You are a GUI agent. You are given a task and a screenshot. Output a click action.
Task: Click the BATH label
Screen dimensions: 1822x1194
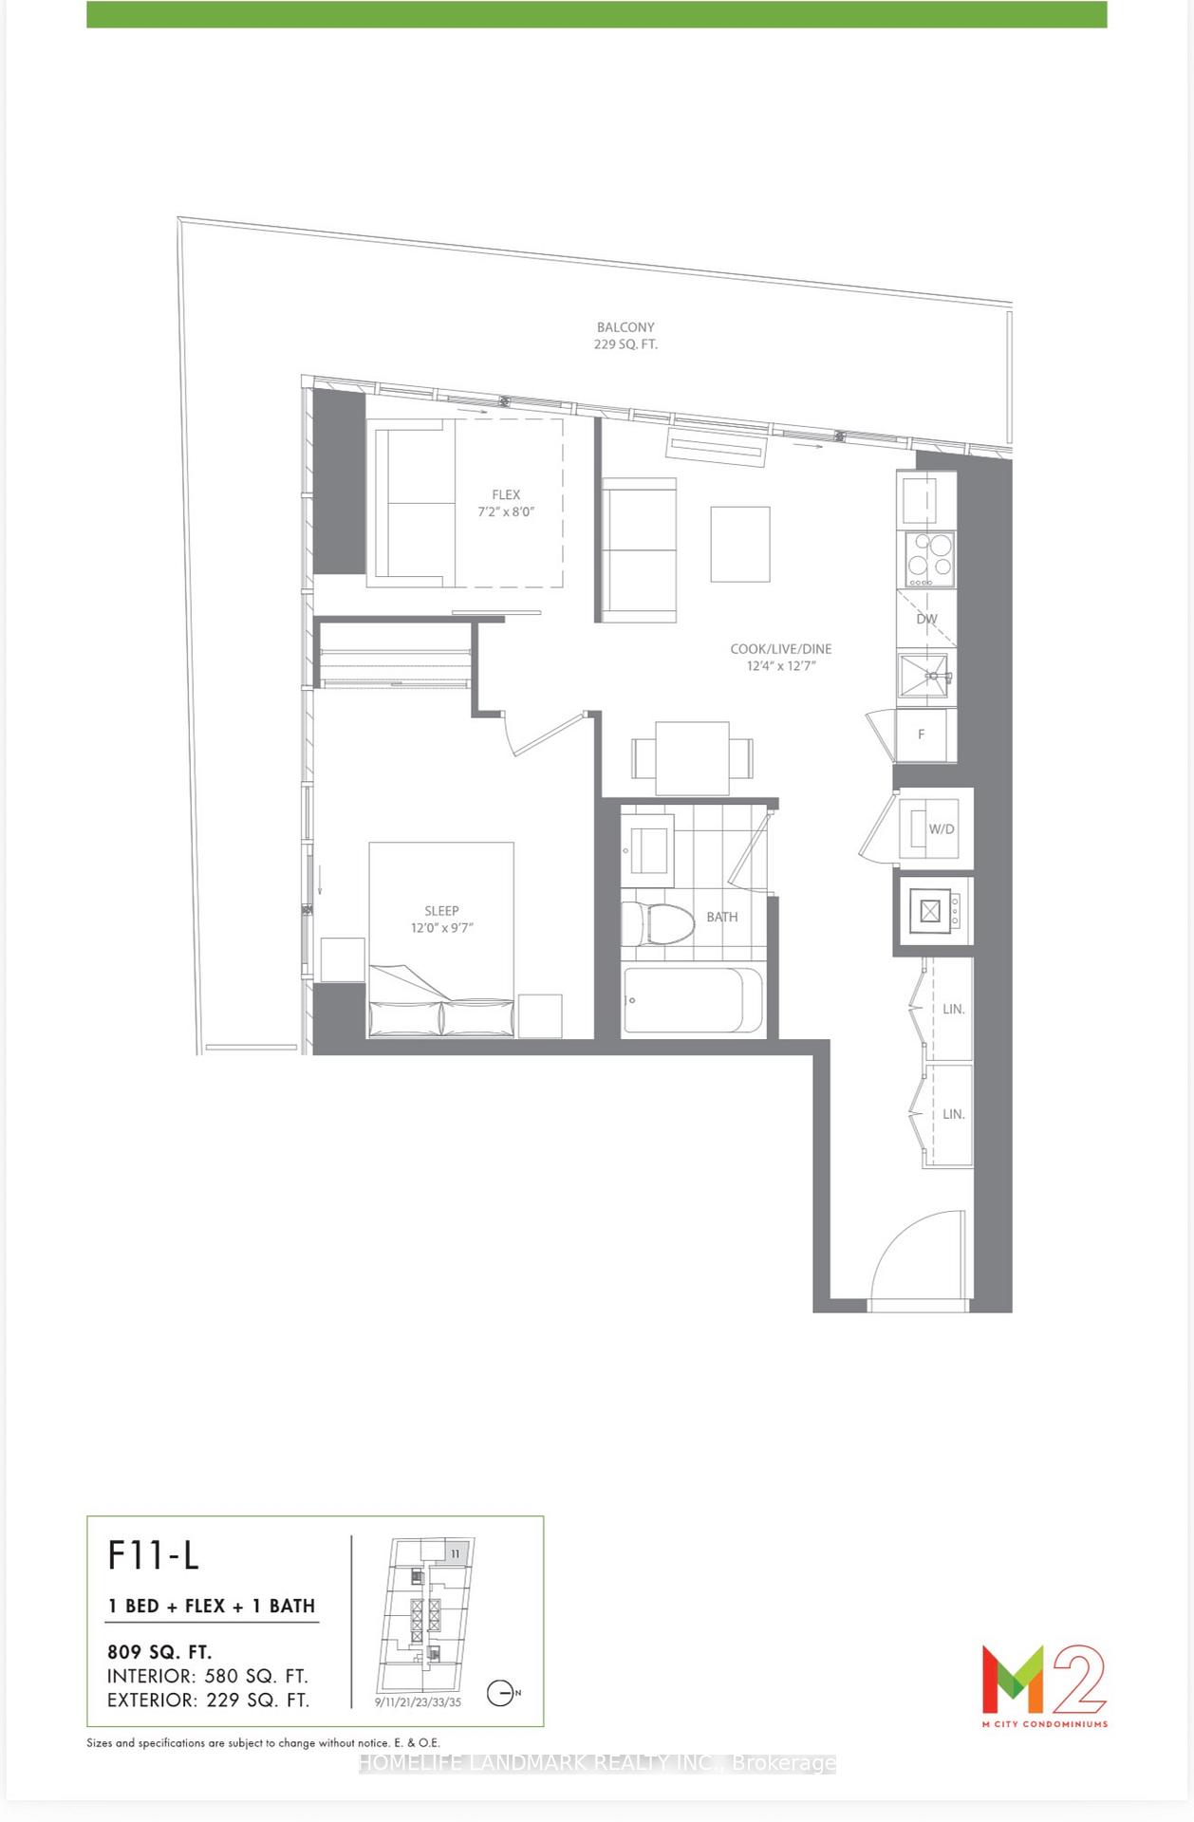(x=721, y=917)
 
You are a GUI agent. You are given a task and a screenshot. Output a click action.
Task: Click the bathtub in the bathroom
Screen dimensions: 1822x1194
(x=692, y=1000)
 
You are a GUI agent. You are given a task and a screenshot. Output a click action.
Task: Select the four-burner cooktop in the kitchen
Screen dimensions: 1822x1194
(x=928, y=557)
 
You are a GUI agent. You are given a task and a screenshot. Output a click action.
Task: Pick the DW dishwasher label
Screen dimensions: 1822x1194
(x=926, y=619)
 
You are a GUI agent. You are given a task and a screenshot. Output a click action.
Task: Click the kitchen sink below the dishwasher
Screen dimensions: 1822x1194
(x=925, y=674)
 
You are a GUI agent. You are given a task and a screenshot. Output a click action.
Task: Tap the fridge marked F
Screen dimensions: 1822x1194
(x=923, y=734)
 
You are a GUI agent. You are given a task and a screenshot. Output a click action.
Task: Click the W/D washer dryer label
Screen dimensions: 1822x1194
(x=941, y=828)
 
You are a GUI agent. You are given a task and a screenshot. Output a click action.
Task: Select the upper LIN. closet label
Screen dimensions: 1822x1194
(x=953, y=1009)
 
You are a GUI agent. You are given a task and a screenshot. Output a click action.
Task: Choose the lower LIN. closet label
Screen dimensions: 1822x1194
(x=953, y=1114)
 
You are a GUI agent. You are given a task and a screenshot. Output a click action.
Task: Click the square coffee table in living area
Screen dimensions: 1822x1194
(x=740, y=544)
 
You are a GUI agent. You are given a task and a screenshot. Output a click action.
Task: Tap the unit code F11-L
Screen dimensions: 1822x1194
(x=154, y=1556)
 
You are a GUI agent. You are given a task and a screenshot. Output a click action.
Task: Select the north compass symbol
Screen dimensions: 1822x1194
(x=501, y=1693)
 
